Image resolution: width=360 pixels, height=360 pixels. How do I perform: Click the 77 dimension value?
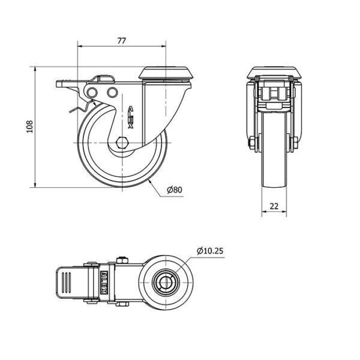[x=122, y=41]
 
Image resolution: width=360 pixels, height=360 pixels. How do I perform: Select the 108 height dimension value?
[x=30, y=126]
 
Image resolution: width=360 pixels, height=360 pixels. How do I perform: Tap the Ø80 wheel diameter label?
[x=175, y=190]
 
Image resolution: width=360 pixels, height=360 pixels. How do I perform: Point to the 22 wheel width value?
[x=274, y=206]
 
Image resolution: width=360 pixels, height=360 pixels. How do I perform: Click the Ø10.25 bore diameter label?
[x=210, y=251]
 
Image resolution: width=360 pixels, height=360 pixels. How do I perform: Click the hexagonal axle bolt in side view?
[x=122, y=143]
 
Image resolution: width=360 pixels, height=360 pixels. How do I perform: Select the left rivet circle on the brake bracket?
[x=92, y=92]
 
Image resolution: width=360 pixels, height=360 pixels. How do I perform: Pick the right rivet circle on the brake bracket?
[x=112, y=92]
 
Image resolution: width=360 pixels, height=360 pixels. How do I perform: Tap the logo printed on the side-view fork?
[x=130, y=117]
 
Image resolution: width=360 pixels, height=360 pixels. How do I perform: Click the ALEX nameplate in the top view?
[x=104, y=283]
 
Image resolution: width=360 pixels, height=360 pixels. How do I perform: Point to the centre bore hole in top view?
[x=166, y=283]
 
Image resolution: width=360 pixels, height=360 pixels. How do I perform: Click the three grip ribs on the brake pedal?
[x=67, y=283]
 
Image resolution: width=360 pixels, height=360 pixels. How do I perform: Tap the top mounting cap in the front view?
[x=274, y=73]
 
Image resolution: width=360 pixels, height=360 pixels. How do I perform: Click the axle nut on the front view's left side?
[x=252, y=143]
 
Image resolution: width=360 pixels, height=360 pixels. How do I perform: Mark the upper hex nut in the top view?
[x=122, y=260]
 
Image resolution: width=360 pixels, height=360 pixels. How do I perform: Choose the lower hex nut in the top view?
[x=122, y=304]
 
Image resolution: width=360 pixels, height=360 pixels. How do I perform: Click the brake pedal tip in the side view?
[x=60, y=83]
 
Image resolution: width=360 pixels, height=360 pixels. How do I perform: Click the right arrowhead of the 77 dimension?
[x=163, y=46]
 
